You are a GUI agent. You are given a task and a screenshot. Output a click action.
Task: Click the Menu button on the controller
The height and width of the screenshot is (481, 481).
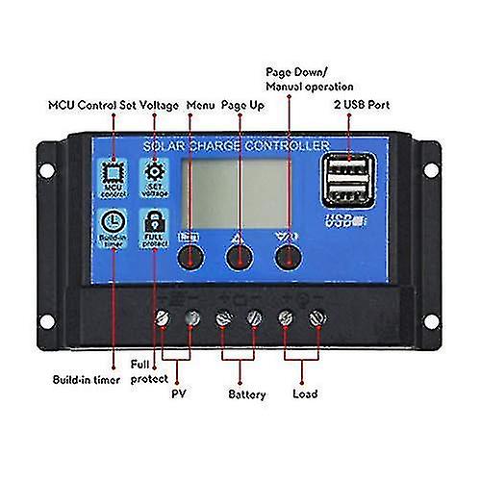190,256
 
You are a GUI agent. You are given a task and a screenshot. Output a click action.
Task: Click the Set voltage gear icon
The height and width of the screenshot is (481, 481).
153,174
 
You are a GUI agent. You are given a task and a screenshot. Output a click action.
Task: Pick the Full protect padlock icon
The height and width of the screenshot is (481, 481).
153,224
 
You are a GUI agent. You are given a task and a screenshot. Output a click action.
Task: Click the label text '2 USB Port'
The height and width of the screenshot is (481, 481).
360,105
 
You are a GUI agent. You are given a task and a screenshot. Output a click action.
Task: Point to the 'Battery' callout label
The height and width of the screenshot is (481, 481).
247,394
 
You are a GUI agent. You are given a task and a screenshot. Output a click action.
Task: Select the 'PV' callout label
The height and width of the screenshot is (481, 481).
177,394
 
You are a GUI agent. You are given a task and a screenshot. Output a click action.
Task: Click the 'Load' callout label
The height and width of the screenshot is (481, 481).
305,394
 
